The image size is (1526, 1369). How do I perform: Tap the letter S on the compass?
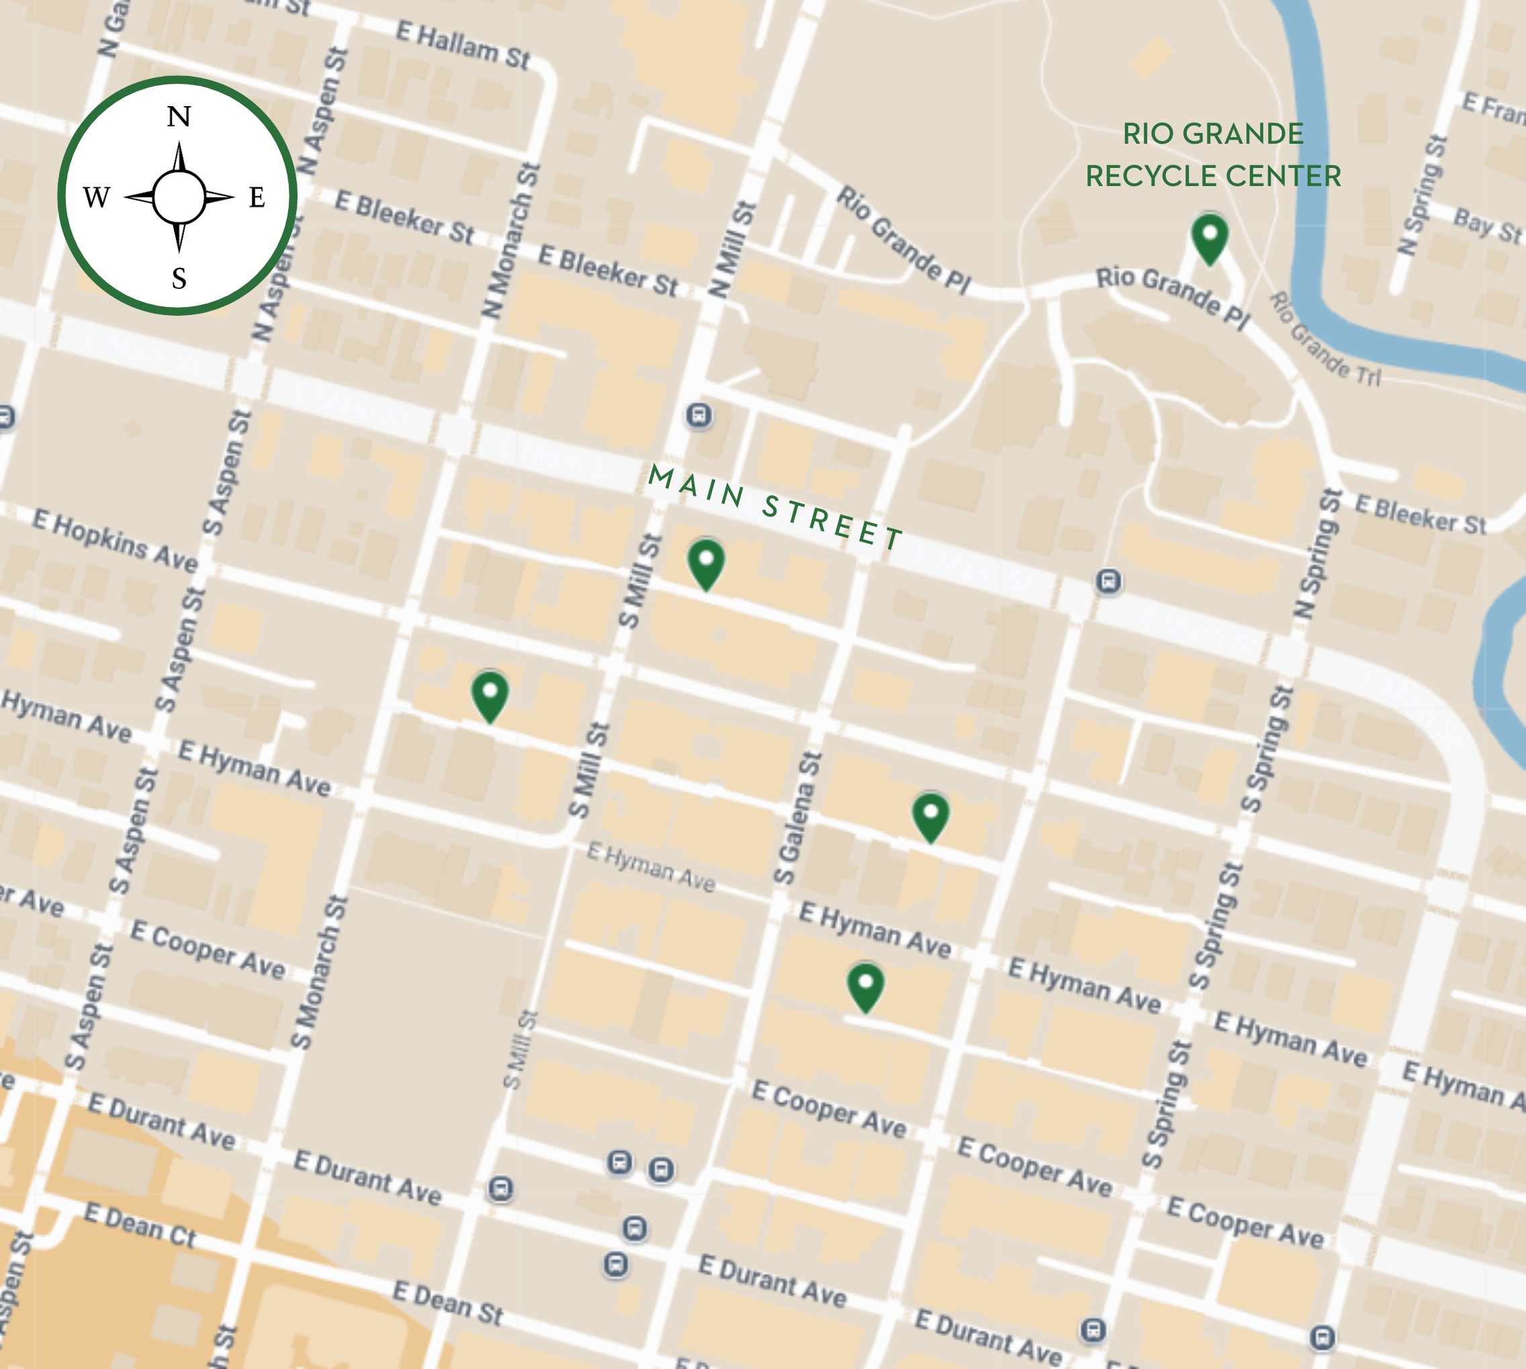pyautogui.click(x=179, y=279)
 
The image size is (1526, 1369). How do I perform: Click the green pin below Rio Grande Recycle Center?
pyautogui.click(x=1210, y=238)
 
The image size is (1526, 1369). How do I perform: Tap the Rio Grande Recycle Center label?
pyautogui.click(x=1212, y=155)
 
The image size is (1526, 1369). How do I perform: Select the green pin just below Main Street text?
pyautogui.click(x=705, y=564)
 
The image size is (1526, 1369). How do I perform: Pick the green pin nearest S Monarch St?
pyautogui.click(x=490, y=696)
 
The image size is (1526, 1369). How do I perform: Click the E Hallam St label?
pyautogui.click(x=463, y=44)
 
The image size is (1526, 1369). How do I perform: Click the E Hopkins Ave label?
pyautogui.click(x=115, y=539)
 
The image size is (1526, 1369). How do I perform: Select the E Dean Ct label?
pyautogui.click(x=140, y=1225)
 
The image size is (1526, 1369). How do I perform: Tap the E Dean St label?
pyautogui.click(x=447, y=1302)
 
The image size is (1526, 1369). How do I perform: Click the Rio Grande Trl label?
pyautogui.click(x=1325, y=339)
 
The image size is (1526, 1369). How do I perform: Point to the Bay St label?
pyautogui.click(x=1487, y=226)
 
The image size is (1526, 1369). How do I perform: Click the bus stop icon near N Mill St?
pyautogui.click(x=699, y=415)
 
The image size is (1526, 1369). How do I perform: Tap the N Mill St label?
pyautogui.click(x=730, y=250)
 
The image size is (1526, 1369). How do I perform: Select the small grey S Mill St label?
pyautogui.click(x=521, y=1050)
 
